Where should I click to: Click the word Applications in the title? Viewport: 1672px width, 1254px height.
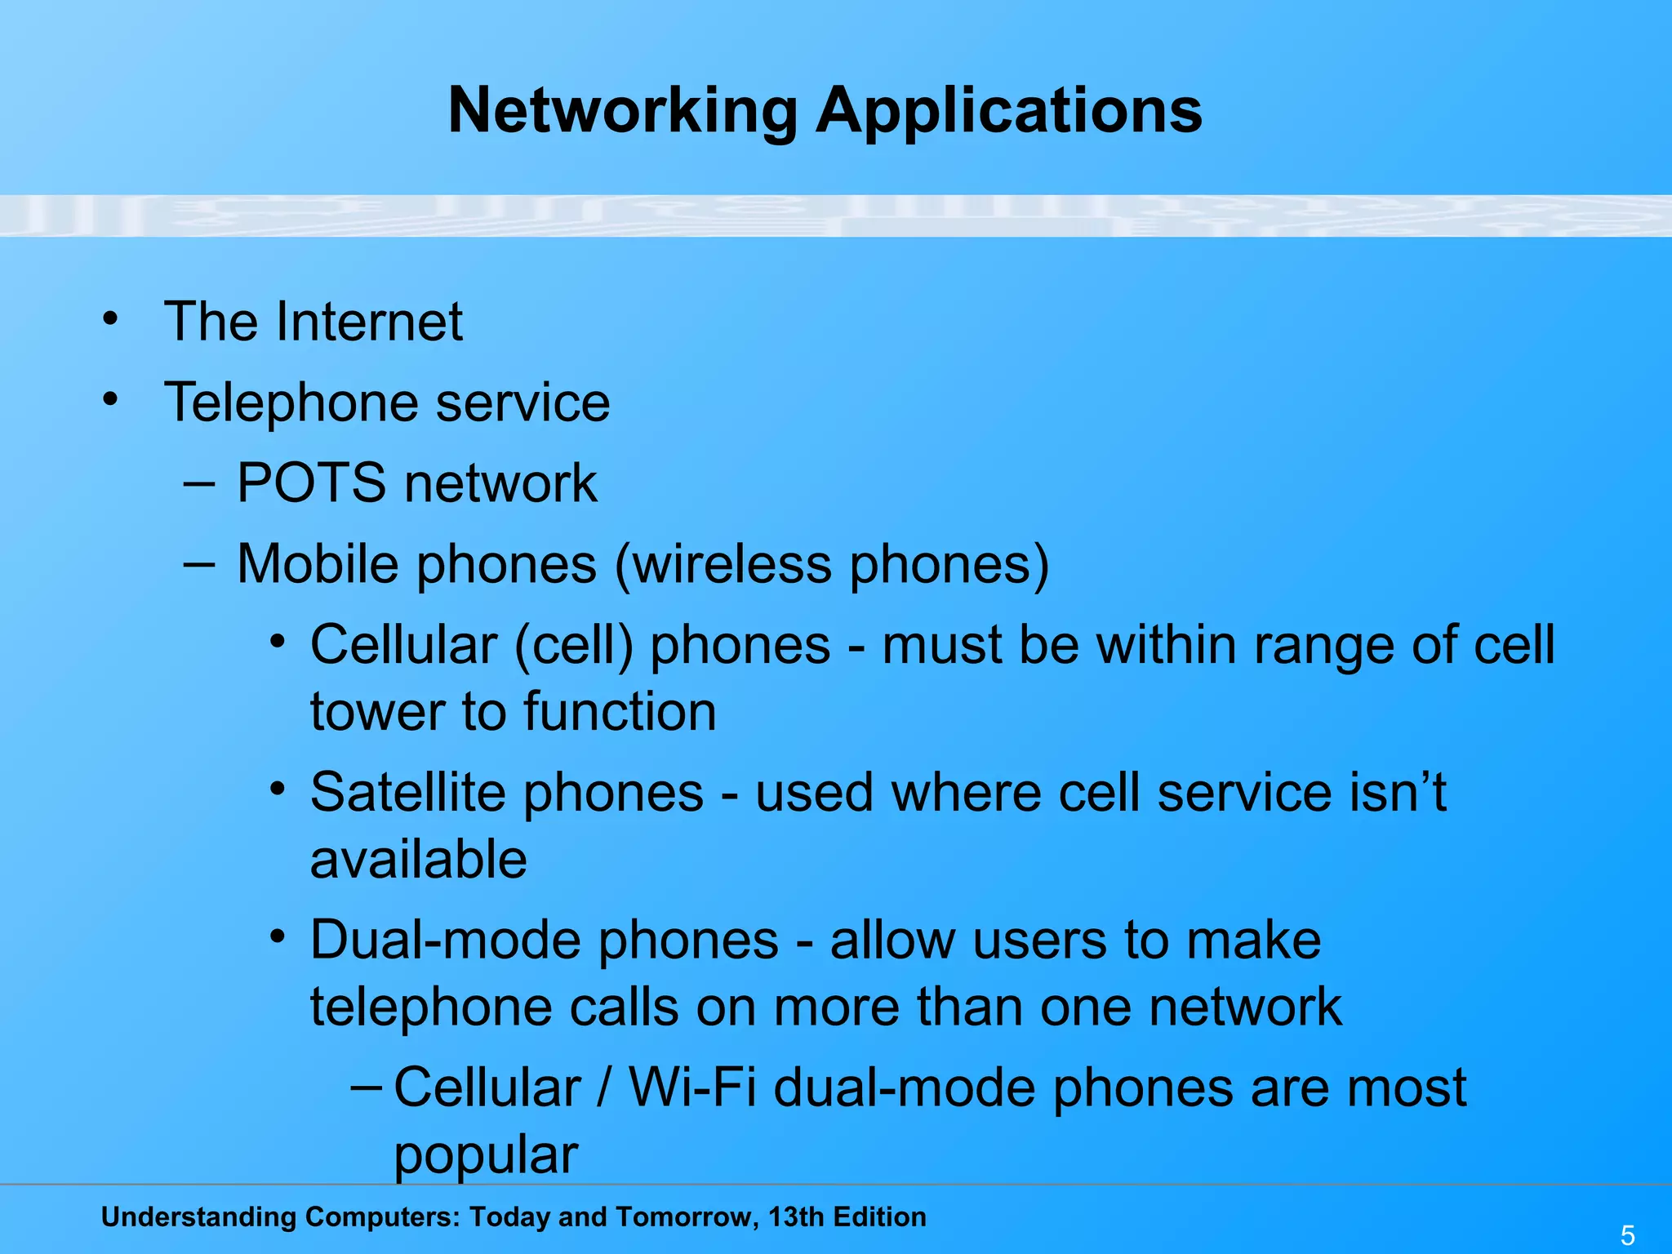(x=1009, y=111)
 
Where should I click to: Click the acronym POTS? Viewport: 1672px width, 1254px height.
(x=311, y=482)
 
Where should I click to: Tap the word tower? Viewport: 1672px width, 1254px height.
(x=376, y=711)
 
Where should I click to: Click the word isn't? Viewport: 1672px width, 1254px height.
(x=1397, y=792)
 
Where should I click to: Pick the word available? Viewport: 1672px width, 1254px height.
(x=419, y=859)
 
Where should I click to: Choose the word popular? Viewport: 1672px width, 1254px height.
(x=486, y=1154)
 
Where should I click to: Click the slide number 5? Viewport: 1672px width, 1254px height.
(x=1627, y=1235)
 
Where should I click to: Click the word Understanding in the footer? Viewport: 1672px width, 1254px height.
(x=198, y=1216)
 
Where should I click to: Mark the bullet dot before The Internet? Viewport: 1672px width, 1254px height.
(x=110, y=318)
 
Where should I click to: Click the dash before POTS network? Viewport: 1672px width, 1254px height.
(x=200, y=482)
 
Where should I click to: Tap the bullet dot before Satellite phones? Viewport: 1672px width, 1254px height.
(x=278, y=789)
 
